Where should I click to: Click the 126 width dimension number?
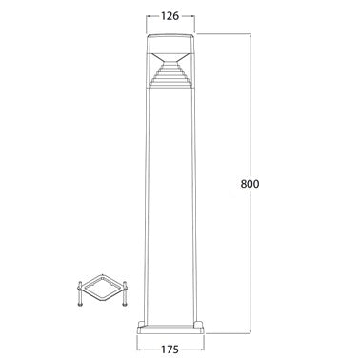point(170,16)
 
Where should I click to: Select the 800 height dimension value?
point(250,184)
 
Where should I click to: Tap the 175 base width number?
point(170,350)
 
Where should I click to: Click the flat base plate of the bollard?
point(170,330)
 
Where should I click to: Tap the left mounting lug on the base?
point(142,323)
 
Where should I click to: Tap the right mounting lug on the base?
point(199,323)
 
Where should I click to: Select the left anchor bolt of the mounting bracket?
point(80,293)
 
